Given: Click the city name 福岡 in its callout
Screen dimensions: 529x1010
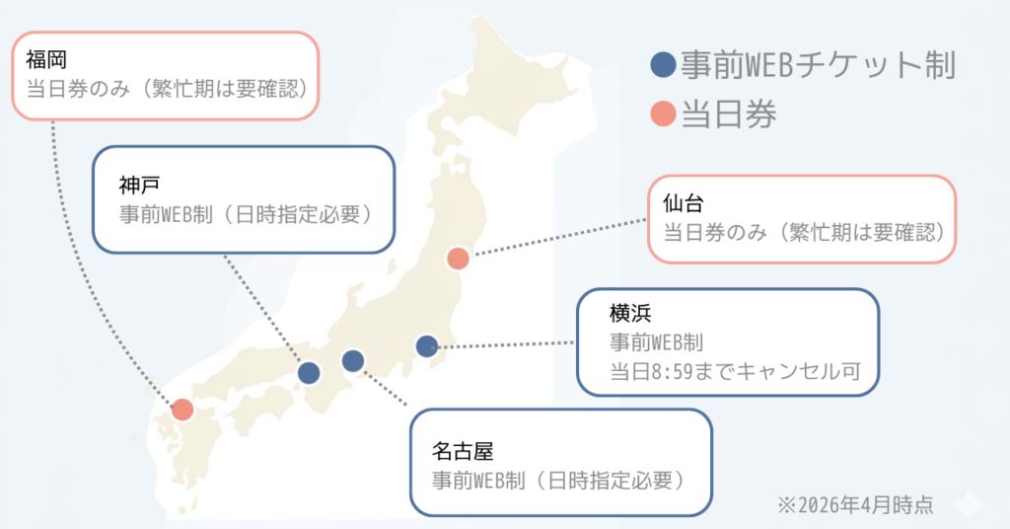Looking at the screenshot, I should tap(46, 60).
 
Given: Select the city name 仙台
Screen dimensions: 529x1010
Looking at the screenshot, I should tap(683, 205).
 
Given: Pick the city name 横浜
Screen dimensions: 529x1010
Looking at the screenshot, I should tap(629, 315).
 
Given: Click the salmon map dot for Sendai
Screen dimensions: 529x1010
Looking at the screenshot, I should tap(458, 259).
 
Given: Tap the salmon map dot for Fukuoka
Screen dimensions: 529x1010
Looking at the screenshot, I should tap(182, 410).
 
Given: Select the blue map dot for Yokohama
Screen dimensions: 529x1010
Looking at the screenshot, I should tap(426, 345).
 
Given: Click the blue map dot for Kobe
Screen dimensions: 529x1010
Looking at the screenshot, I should tap(309, 372).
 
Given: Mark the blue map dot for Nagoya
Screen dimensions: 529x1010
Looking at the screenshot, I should tap(353, 361).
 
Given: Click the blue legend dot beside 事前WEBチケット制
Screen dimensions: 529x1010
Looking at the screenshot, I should tap(664, 66).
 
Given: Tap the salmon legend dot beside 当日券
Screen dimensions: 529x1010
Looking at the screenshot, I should tap(664, 113).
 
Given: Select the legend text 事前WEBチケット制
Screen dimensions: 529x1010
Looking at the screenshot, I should tap(818, 66).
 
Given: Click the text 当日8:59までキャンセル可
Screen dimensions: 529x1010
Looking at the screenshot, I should tap(735, 372).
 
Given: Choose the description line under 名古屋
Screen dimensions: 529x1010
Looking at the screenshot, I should tap(558, 481).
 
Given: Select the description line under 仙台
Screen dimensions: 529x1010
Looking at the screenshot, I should tap(804, 234).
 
